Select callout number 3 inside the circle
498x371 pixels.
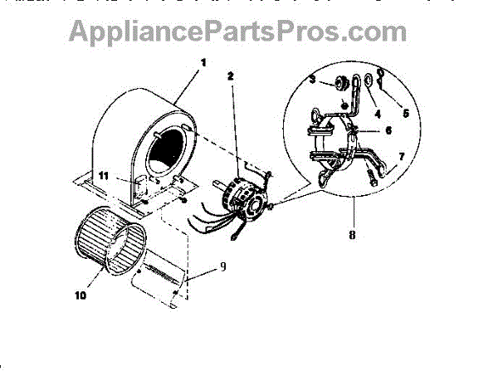313,79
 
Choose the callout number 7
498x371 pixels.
401,156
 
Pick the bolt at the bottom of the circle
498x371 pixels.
369,177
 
